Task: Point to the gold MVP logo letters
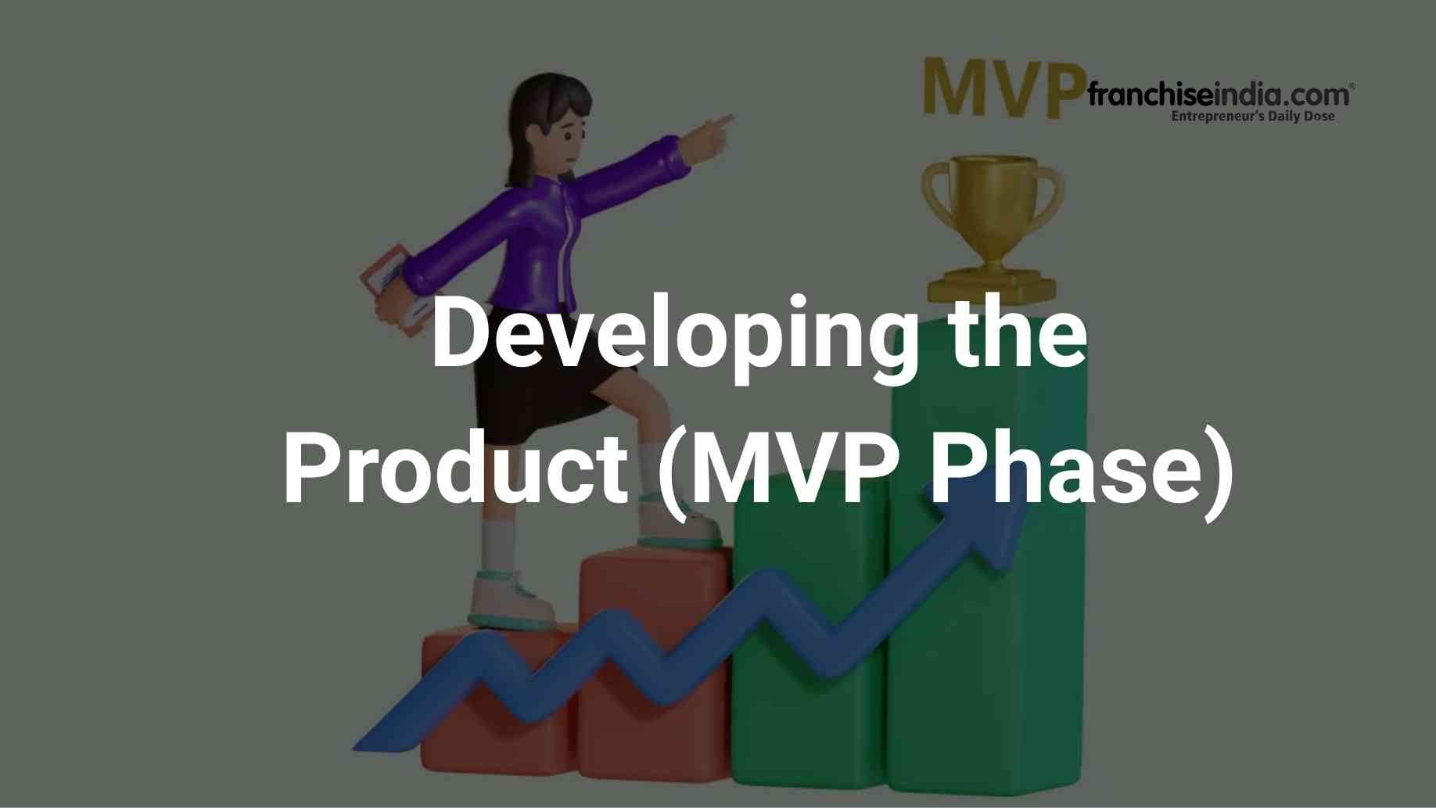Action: point(1004,88)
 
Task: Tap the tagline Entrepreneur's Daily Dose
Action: point(1252,117)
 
